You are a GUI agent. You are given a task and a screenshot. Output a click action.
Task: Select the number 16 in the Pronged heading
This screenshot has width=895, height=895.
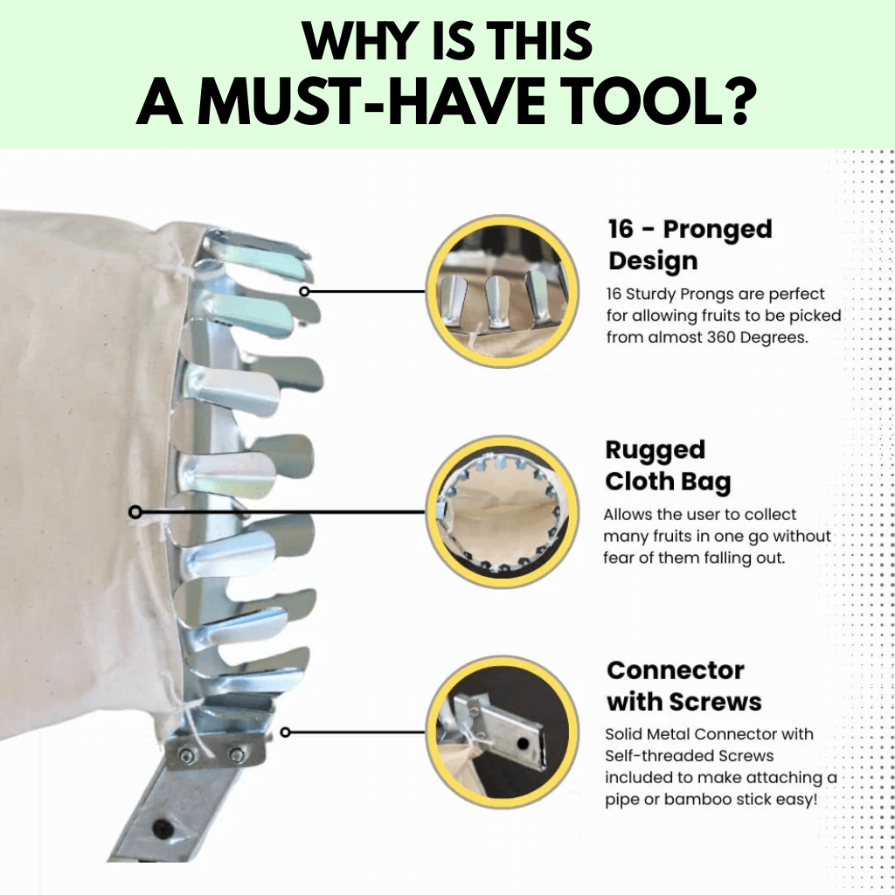click(x=621, y=230)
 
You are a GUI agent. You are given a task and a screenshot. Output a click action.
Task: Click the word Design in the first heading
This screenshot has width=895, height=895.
click(x=653, y=261)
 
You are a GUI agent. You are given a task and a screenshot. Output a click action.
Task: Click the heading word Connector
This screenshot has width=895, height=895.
click(x=676, y=670)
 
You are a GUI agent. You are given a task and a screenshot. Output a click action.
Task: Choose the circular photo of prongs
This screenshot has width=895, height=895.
click(x=503, y=291)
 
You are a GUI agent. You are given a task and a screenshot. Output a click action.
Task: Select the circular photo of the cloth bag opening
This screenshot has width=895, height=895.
click(x=503, y=511)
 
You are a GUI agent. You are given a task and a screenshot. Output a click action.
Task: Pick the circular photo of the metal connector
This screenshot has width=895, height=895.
click(x=503, y=732)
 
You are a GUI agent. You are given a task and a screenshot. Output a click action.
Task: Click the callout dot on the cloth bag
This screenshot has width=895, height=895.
click(x=135, y=511)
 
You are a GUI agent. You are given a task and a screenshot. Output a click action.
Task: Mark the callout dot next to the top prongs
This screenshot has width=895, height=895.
click(x=304, y=291)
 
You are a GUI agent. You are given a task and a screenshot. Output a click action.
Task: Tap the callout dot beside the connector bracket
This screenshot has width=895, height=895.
click(x=286, y=732)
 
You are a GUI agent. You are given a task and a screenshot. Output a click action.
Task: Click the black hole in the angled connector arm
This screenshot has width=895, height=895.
click(x=163, y=828)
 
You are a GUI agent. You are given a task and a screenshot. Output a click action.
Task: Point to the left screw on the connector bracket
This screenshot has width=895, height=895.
click(x=186, y=756)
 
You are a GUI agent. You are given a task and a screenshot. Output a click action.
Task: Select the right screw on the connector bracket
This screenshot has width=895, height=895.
click(x=236, y=755)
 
